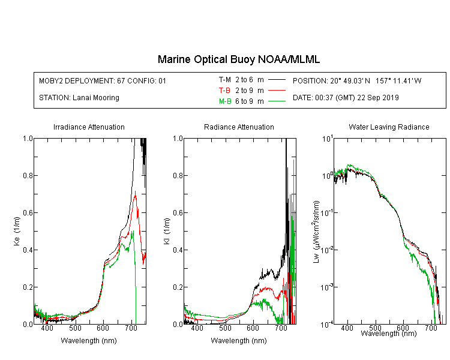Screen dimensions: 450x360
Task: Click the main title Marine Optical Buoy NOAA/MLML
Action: coord(238,59)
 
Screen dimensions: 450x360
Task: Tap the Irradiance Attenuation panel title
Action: coord(89,127)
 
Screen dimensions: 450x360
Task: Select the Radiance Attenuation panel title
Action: coord(239,127)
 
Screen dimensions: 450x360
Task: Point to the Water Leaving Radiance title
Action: coord(389,127)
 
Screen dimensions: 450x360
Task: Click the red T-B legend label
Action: coord(224,91)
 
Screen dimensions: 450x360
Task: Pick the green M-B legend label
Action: coord(225,101)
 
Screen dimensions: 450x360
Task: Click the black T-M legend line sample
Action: coord(277,80)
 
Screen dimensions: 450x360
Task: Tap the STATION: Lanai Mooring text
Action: coord(79,98)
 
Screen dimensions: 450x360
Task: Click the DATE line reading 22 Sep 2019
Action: coord(346,98)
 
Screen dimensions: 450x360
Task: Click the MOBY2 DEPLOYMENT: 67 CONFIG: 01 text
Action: coord(103,81)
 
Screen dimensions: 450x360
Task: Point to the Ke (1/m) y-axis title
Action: coord(17,231)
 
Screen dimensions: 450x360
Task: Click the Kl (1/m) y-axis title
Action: coord(167,231)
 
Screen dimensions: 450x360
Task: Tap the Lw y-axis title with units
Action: coord(316,232)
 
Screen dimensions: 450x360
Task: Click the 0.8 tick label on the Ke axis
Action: coord(28,175)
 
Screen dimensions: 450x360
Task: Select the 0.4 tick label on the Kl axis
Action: coord(178,250)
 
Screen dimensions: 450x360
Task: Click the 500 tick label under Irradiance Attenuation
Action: coord(75,328)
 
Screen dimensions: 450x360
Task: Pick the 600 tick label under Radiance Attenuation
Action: coord(253,328)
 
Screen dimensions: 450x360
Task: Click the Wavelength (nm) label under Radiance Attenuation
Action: coord(239,341)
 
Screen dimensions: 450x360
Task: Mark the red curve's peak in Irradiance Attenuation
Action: coord(135,191)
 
